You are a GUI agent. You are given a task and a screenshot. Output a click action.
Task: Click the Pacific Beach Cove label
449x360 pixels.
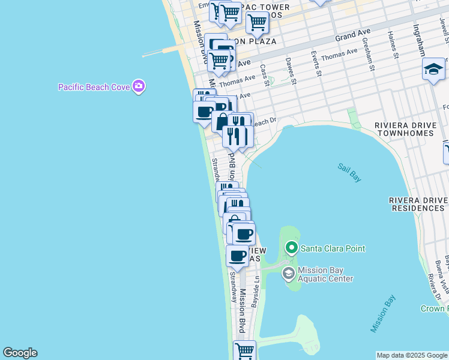tap(94, 87)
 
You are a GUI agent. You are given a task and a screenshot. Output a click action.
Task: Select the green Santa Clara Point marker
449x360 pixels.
tap(291, 248)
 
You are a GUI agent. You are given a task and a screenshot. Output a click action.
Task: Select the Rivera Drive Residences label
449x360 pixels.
tap(417, 204)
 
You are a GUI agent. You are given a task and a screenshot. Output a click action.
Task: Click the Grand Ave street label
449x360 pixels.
tap(354, 35)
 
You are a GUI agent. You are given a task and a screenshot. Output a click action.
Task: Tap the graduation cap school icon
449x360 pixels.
tap(433, 70)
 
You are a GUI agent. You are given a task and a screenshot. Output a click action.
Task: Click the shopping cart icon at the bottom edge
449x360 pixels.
tap(245, 350)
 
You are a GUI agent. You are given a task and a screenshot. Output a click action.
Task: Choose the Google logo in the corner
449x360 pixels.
tap(20, 353)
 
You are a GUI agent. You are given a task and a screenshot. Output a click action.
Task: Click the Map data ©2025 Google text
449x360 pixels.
tap(412, 355)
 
